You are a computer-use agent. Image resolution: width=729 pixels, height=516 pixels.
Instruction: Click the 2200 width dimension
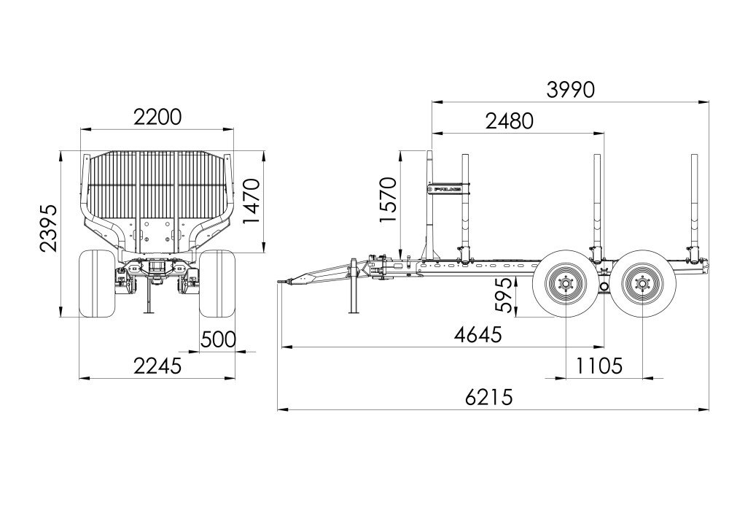pyautogui.click(x=157, y=118)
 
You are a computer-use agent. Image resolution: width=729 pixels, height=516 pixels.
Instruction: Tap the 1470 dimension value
pyautogui.click(x=252, y=201)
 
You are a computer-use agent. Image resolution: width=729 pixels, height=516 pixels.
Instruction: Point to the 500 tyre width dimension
pyautogui.click(x=218, y=339)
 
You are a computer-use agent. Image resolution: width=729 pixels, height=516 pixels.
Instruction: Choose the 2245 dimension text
pyautogui.click(x=157, y=366)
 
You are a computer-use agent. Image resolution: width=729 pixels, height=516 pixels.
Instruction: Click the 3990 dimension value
pyautogui.click(x=571, y=90)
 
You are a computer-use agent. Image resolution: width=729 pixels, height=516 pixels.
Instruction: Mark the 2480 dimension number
pyautogui.click(x=509, y=121)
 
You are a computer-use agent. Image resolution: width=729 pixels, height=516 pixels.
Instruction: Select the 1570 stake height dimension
pyautogui.click(x=388, y=200)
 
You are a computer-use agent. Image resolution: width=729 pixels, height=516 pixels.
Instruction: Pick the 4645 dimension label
pyautogui.click(x=478, y=334)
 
